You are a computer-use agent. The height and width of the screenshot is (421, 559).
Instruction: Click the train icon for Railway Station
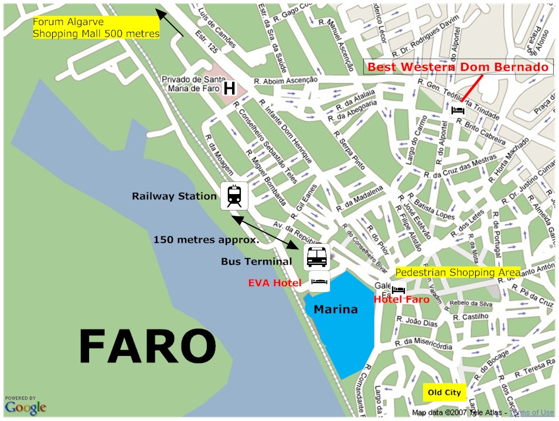[x=234, y=196]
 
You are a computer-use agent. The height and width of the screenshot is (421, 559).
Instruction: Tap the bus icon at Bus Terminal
[x=316, y=256]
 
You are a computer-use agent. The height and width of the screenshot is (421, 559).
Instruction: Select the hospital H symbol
[x=229, y=89]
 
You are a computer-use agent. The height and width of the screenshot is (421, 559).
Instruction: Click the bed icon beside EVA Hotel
[x=319, y=282]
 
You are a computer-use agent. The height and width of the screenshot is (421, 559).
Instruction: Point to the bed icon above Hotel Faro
[x=398, y=289]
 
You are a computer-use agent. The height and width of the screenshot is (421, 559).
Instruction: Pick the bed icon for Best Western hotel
[x=458, y=109]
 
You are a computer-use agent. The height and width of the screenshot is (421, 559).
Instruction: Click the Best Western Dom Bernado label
[x=458, y=67]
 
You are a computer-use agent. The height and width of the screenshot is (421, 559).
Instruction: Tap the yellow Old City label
[x=444, y=392]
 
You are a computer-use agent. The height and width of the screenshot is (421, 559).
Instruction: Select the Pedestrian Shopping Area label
[x=458, y=273]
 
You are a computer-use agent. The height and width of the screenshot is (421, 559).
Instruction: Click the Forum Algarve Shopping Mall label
[x=96, y=28]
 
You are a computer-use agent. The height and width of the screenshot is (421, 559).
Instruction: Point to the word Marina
[x=335, y=309]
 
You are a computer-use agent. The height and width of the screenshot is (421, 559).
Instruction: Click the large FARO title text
[x=147, y=347]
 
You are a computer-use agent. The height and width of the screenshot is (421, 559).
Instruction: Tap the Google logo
[x=25, y=406]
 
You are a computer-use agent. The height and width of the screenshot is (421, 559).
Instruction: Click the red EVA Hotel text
[x=274, y=283]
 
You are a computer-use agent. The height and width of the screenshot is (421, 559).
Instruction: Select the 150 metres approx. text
[x=206, y=240]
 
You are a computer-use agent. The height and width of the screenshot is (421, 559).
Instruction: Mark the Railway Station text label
[x=174, y=196]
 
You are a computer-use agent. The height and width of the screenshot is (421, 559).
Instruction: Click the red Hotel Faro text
[x=401, y=300]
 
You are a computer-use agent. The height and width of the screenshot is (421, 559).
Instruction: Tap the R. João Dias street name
[x=417, y=322]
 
